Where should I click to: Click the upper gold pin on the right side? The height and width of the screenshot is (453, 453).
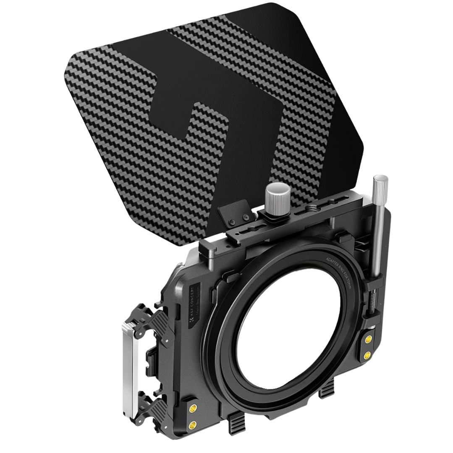pyautogui.click(x=369, y=339)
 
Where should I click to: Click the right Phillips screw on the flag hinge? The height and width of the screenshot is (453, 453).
pyautogui.click(x=246, y=217)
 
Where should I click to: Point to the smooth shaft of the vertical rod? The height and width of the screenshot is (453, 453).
pyautogui.click(x=377, y=235)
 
